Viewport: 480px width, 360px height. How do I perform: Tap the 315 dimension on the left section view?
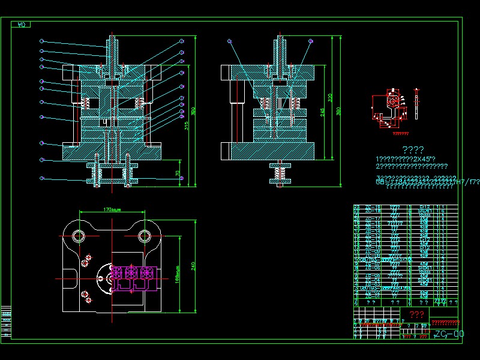[187, 125]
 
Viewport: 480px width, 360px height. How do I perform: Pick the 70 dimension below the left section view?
[178, 173]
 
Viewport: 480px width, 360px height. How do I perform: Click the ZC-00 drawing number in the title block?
[448, 334]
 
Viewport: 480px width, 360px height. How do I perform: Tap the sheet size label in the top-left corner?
[22, 25]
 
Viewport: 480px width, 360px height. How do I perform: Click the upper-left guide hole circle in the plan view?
[79, 236]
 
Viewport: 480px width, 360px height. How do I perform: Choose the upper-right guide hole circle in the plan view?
[145, 236]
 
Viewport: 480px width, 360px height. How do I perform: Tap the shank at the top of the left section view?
[112, 46]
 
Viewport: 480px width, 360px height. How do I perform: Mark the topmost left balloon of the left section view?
[41, 41]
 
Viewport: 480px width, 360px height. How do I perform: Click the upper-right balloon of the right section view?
[310, 41]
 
